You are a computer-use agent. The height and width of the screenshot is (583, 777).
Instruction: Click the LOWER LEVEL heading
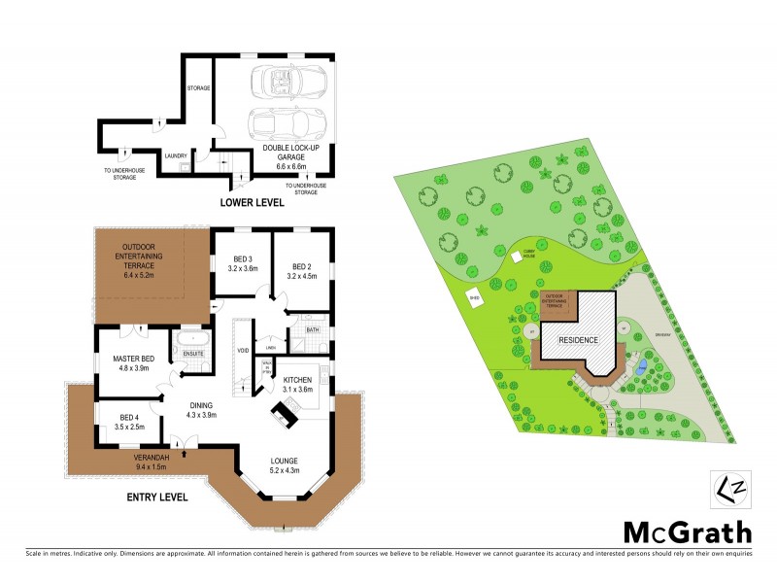251,203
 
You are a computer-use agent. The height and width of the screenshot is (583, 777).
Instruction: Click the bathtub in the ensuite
186,341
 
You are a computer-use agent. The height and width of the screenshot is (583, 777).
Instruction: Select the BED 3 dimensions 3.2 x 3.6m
242,268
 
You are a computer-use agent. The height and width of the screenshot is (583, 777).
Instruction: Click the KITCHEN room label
298,378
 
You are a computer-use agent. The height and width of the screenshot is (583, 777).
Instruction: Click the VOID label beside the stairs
243,350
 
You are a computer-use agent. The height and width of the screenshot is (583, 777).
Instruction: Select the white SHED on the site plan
475,297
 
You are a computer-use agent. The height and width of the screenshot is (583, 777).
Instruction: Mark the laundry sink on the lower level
183,166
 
